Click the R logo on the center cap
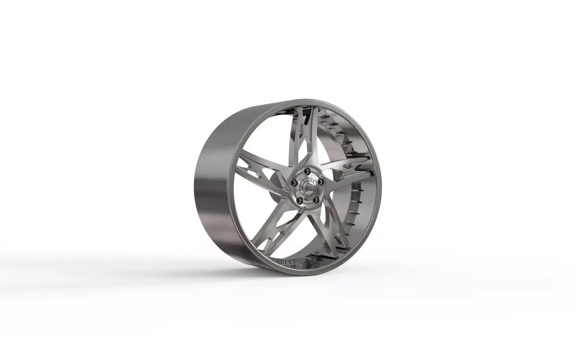306,187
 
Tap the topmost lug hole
308,171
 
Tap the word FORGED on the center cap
306,193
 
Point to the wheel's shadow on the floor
144,269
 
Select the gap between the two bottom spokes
307,240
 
